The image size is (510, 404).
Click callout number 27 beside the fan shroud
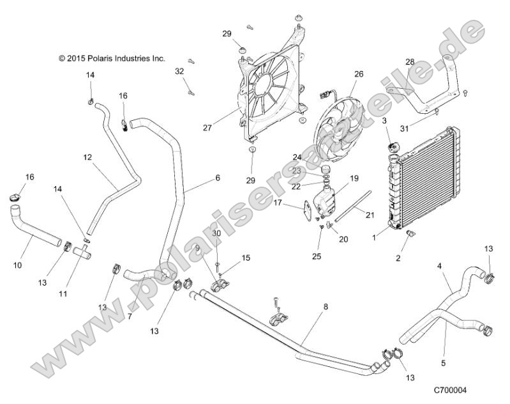tap(207, 128)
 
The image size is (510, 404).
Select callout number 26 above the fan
tap(359, 74)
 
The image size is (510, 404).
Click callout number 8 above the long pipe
tap(326, 307)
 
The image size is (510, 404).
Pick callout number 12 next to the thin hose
tap(88, 156)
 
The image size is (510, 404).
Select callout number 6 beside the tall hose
tap(218, 178)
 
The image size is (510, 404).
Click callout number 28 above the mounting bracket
tap(410, 61)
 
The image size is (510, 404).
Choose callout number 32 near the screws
tap(179, 72)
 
